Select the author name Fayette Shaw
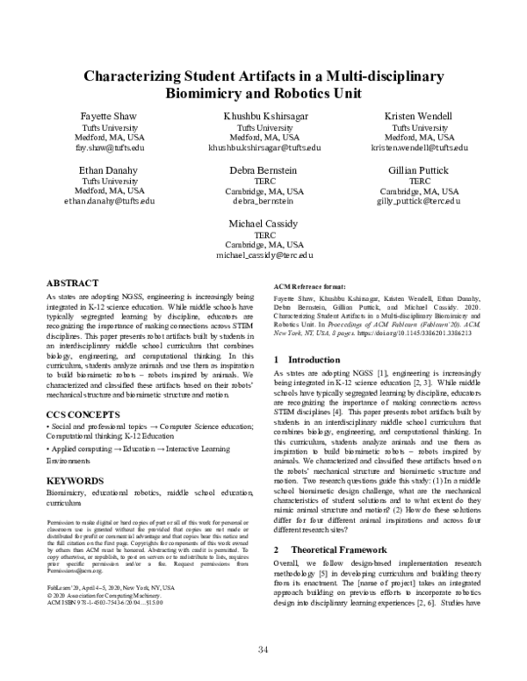[x=101, y=117]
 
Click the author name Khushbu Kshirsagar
[x=265, y=117]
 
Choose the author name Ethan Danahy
[x=101, y=168]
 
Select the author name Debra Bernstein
[x=265, y=168]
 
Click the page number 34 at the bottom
[x=263, y=650]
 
